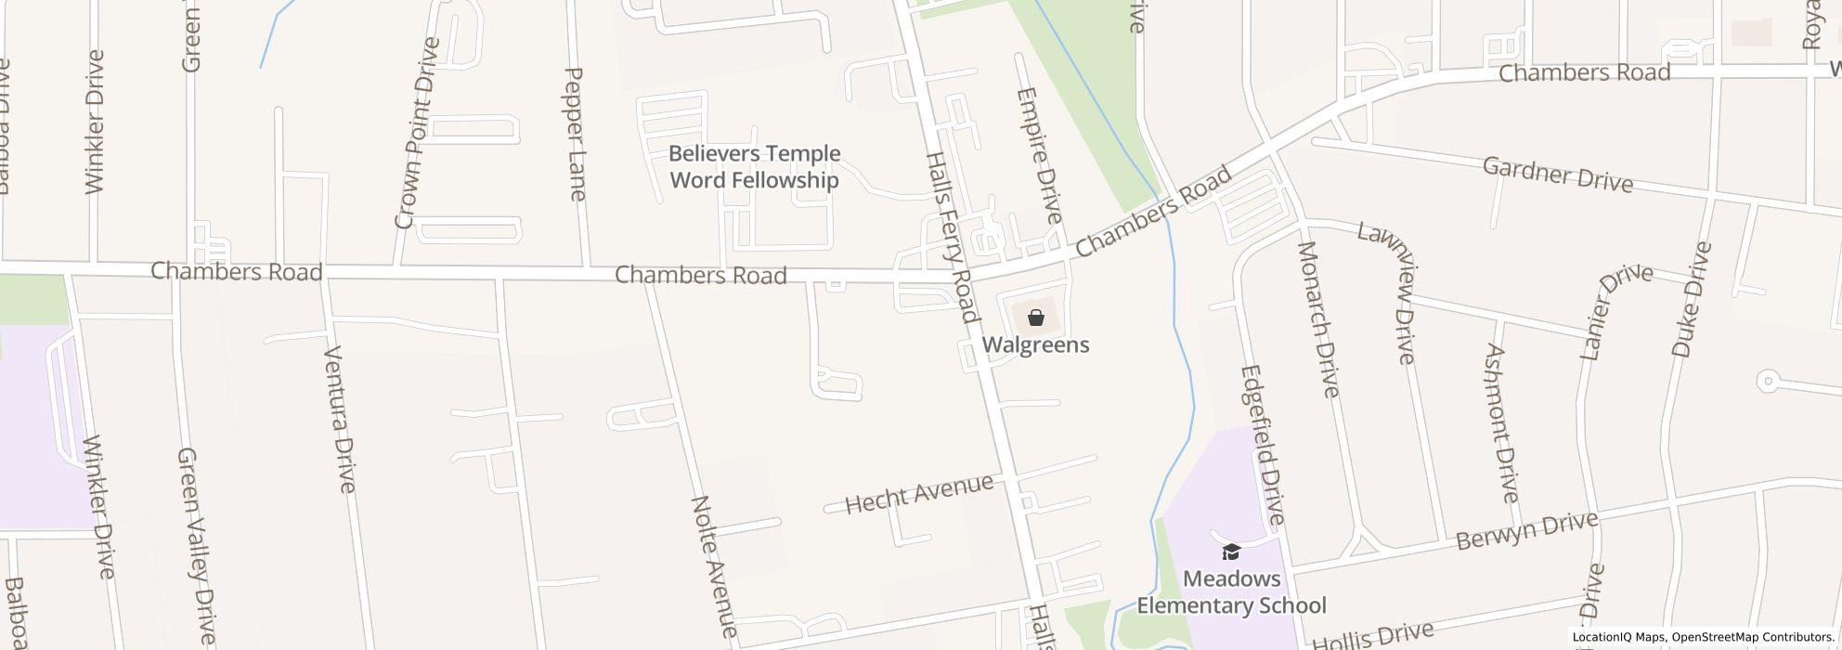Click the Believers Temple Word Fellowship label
pos(754,167)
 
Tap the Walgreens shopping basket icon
pos(1036,318)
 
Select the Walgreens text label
pos(1036,345)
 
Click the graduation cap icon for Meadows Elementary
pos(1231,552)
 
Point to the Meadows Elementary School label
pos(1231,592)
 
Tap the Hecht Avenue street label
pos(919,493)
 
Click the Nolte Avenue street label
pos(715,567)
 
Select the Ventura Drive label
pos(341,419)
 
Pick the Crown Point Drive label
pos(416,134)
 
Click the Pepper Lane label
pos(575,134)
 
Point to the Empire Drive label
pos(1039,155)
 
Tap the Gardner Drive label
pos(1557,175)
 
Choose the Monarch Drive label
pos(1318,319)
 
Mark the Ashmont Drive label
pos(1501,422)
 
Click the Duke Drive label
pos(1692,299)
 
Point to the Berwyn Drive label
pos(1526,530)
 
